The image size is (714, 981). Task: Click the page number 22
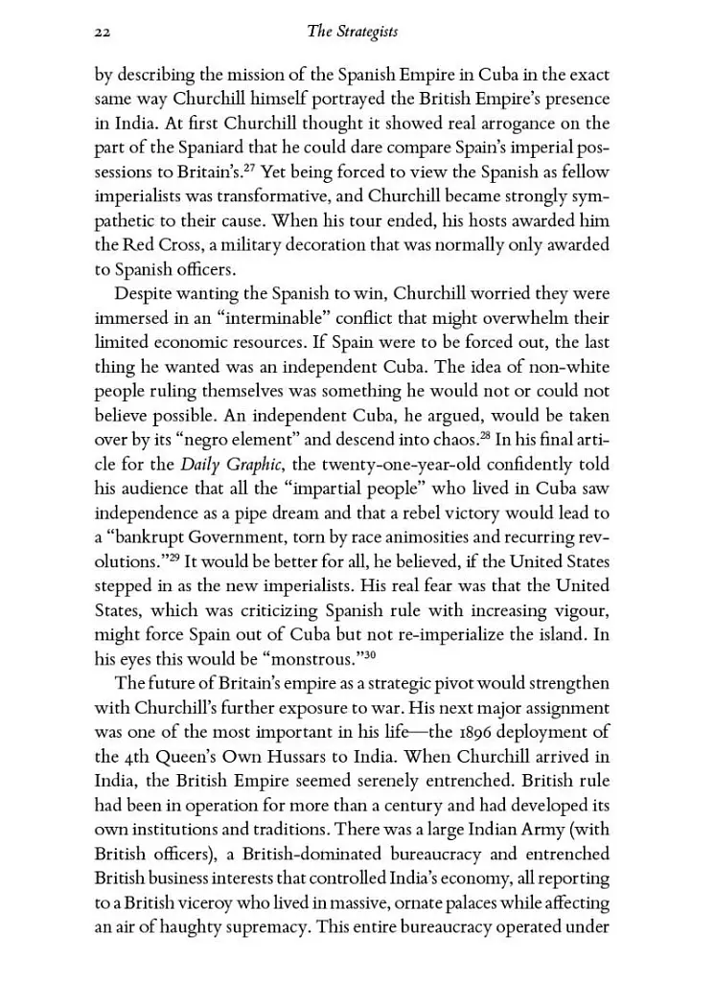104,33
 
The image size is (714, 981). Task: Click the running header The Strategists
352,33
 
